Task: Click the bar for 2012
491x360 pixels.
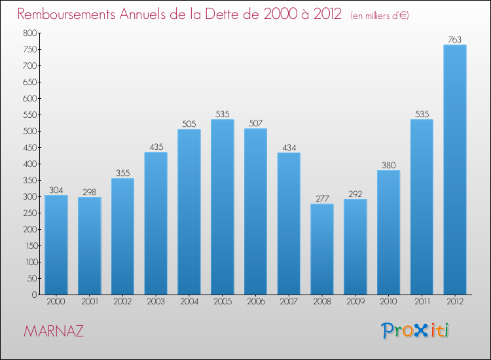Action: (455, 170)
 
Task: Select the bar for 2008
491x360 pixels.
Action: (322, 249)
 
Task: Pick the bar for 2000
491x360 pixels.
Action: (56, 245)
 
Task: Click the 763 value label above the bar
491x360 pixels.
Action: (455, 40)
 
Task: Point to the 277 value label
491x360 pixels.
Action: (322, 199)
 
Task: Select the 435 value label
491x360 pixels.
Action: (156, 147)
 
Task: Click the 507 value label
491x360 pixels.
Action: (255, 124)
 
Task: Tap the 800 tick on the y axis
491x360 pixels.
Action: (28, 33)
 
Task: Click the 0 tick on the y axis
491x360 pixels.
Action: (33, 295)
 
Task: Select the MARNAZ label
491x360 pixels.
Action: (53, 331)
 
